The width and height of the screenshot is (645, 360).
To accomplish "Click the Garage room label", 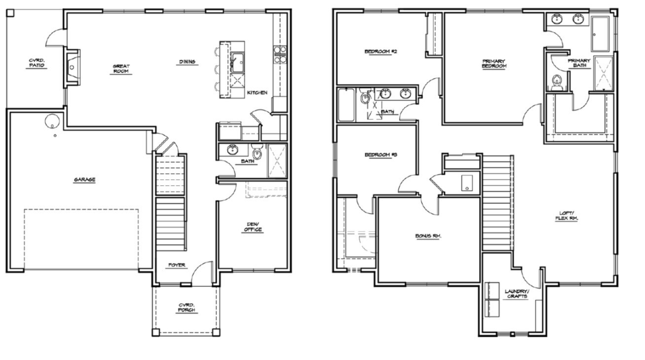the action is click(x=84, y=180).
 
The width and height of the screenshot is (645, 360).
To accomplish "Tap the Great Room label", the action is click(x=121, y=69).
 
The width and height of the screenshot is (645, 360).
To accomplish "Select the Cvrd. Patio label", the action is click(x=37, y=63).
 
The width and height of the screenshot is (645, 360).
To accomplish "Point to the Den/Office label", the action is click(x=253, y=227).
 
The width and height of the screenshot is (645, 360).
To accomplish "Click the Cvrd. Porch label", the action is click(x=187, y=308).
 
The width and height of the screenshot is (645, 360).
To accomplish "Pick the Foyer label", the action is click(x=177, y=265).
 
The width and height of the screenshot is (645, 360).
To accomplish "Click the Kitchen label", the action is click(x=257, y=92).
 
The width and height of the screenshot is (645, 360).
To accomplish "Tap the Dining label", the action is click(x=187, y=62).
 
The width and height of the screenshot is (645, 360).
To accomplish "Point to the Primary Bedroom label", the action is click(x=494, y=63).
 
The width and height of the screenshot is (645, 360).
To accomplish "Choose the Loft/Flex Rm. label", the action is click(x=567, y=216).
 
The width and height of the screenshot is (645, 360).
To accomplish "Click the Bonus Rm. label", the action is click(x=428, y=236).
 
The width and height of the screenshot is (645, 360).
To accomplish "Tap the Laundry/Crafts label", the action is click(x=516, y=294).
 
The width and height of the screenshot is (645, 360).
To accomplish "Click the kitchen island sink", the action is click(x=238, y=62).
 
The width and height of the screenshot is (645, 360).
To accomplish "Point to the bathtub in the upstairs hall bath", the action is click(x=346, y=105).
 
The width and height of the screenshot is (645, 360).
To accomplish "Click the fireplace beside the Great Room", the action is click(x=72, y=68).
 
